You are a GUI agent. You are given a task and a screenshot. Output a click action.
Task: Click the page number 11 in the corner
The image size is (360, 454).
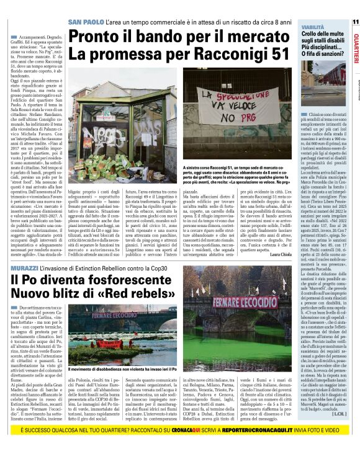pyautogui.click(x=355, y=21)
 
